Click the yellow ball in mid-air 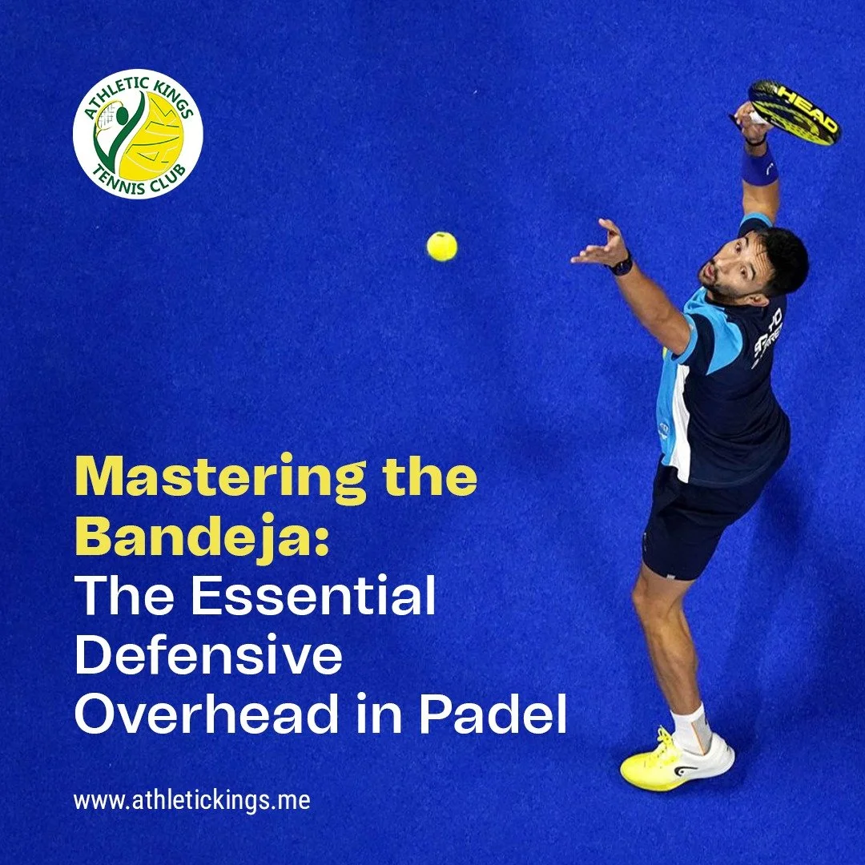[x=441, y=246]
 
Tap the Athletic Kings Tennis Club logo [x=138, y=133]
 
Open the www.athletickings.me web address [x=191, y=800]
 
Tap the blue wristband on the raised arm [x=758, y=167]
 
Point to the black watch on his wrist [x=621, y=264]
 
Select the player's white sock [x=691, y=725]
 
